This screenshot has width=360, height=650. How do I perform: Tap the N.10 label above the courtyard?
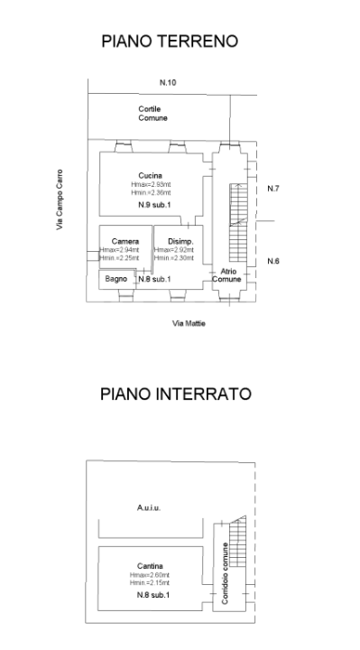tap(168, 83)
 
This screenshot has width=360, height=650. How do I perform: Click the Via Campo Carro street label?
tap(60, 199)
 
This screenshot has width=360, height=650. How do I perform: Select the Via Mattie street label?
tap(184, 322)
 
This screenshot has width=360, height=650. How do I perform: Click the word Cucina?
tap(150, 175)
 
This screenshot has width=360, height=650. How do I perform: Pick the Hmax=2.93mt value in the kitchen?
tap(150, 184)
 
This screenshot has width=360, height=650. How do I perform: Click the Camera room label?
tap(125, 241)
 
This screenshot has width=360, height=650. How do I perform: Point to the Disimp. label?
tap(179, 241)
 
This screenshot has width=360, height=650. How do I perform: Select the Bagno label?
tap(115, 280)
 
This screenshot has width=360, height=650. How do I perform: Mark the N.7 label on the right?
tap(273, 189)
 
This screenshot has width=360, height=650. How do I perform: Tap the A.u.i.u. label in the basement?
tap(150, 508)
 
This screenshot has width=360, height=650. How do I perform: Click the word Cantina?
tap(150, 566)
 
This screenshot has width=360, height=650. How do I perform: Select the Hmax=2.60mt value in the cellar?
tap(150, 575)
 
